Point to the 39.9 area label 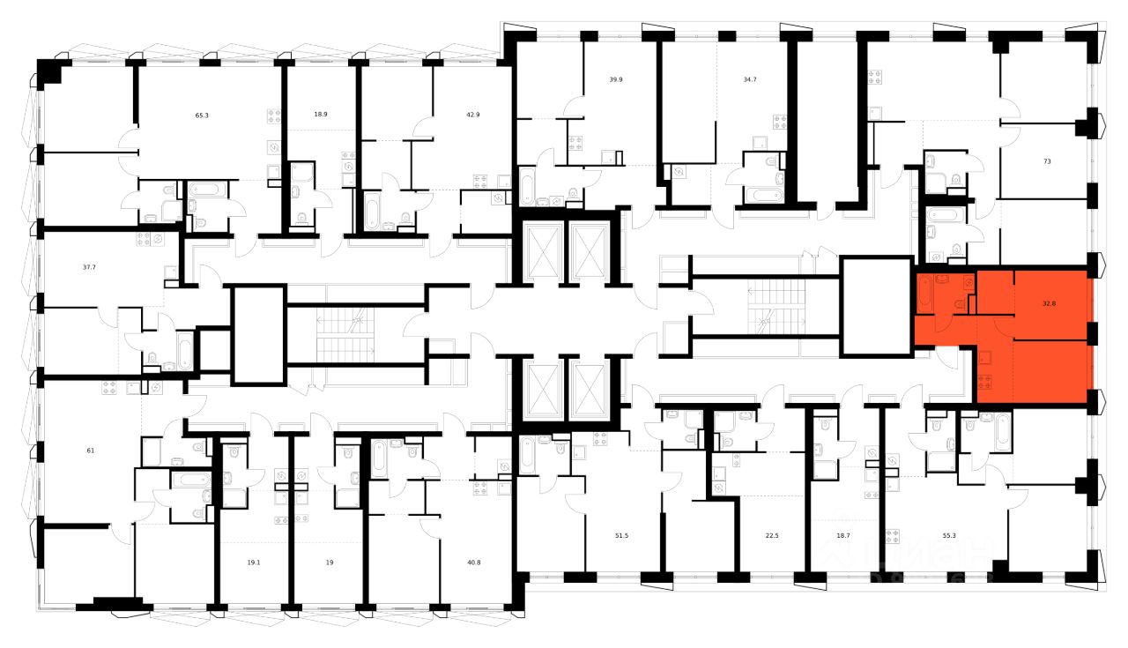tap(616, 79)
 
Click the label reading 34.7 tap(751, 79)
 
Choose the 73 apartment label tap(1047, 162)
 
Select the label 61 tap(65, 451)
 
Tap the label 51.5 tap(622, 534)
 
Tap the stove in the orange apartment tap(986, 381)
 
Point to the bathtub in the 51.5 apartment tap(527, 453)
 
